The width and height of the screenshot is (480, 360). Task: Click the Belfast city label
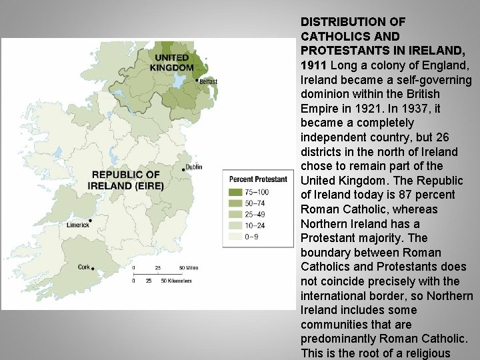tap(208, 82)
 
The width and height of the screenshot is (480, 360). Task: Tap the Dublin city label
tap(194, 167)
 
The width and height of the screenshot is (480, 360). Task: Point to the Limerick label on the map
tap(77, 225)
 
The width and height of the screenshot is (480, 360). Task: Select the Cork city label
tap(84, 267)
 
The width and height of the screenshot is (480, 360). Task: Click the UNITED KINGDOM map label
tap(171, 63)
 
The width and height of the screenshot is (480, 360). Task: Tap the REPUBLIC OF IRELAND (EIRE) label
tap(126, 180)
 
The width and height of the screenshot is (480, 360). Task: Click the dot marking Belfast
tap(197, 80)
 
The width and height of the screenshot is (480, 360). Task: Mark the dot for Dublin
tap(183, 169)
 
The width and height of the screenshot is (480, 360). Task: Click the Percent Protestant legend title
tap(258, 179)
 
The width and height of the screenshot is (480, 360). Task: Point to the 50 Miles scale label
tap(189, 268)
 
